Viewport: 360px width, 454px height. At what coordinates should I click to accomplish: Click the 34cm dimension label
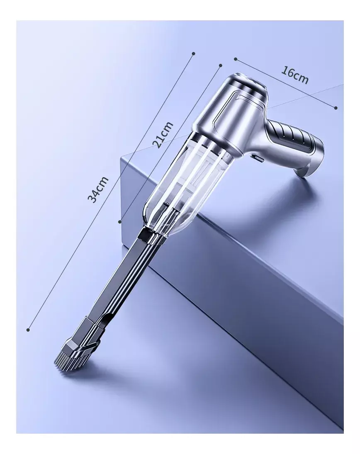click(98, 189)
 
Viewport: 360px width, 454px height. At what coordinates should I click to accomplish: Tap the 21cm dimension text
click(163, 135)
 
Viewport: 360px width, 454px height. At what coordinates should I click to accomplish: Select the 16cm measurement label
click(294, 75)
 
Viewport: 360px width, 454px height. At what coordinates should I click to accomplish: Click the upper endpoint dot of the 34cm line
click(194, 53)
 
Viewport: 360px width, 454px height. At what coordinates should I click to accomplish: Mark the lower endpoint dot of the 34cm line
click(28, 330)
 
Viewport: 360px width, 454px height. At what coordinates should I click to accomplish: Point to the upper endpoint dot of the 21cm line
click(220, 66)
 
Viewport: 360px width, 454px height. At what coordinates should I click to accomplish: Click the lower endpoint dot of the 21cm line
click(120, 221)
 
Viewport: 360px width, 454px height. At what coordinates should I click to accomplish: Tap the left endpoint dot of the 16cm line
click(236, 59)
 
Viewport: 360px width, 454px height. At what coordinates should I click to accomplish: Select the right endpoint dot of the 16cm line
click(336, 108)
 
